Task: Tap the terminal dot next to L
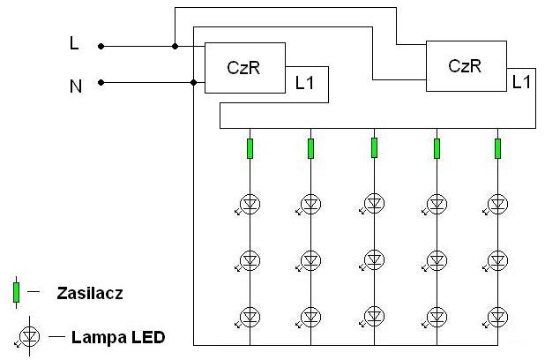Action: pos(101,46)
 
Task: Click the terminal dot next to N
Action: pos(101,82)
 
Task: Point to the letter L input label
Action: pos(74,43)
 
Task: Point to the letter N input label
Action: pos(76,86)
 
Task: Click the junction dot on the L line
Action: pos(175,46)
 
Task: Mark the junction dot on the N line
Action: pos(194,82)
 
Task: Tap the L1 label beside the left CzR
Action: pos(304,83)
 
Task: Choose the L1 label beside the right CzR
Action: pos(521,82)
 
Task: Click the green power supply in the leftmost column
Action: pos(250,148)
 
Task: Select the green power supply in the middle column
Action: pos(374,148)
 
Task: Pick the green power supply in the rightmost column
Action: pos(497,148)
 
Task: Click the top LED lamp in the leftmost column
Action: pos(250,204)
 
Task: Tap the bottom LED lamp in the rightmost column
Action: pos(497,317)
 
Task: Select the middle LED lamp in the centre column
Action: pos(374,259)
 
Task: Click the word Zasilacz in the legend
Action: pos(90,293)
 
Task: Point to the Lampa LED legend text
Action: pos(118,337)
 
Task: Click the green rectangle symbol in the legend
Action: pos(17,293)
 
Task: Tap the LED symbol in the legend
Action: pos(29,336)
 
